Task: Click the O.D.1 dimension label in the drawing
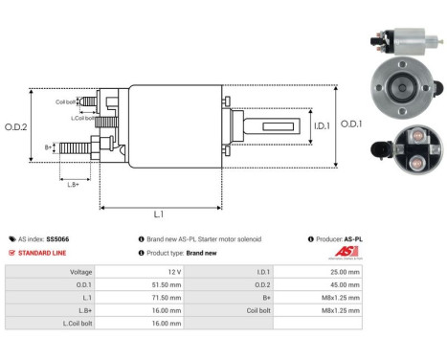coord(351,124)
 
